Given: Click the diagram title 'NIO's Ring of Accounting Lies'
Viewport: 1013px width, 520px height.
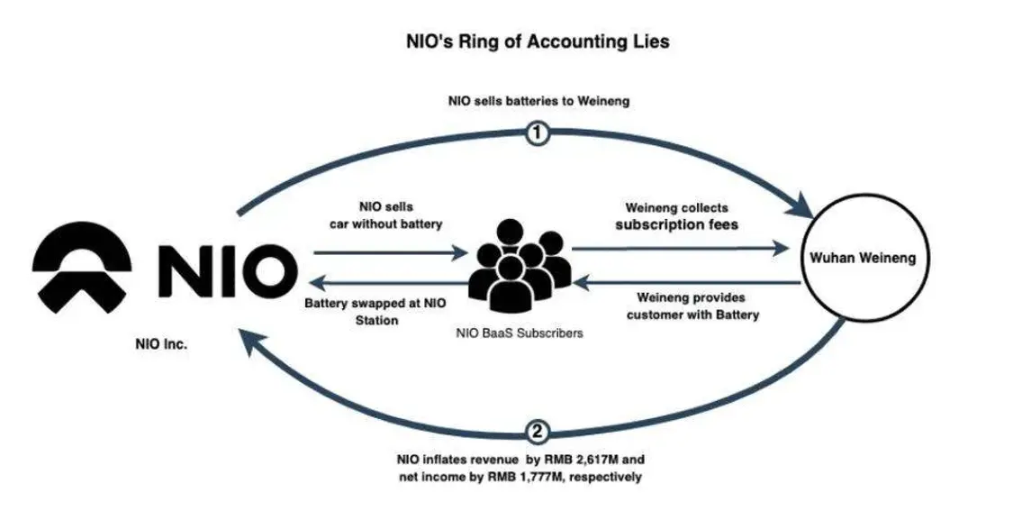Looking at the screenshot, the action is click(x=538, y=41).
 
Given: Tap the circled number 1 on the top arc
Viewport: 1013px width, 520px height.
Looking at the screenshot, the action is click(x=538, y=134).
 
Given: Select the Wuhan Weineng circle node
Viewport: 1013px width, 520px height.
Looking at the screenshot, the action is click(x=863, y=259).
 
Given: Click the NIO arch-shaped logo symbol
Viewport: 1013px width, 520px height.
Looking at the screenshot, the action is click(x=82, y=268).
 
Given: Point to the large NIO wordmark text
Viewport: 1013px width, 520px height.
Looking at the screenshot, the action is click(x=225, y=269).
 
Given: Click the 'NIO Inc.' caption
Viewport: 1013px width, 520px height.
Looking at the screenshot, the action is click(x=161, y=345).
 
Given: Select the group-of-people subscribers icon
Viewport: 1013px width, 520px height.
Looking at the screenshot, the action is click(x=520, y=265).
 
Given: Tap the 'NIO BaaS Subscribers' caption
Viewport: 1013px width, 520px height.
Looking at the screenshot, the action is click(x=520, y=333).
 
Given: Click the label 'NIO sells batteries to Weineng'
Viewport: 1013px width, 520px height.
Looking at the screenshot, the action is click(x=538, y=101).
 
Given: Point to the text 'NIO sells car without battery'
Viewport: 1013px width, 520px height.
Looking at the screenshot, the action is click(x=385, y=216).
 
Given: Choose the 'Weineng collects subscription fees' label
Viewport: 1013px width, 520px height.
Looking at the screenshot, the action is click(x=676, y=216).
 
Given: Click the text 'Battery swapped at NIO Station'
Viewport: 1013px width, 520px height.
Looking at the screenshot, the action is click(x=376, y=311).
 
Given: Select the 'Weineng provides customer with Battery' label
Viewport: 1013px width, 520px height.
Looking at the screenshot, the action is click(x=692, y=306).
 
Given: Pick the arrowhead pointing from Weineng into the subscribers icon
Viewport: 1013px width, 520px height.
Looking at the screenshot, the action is click(x=581, y=283).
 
